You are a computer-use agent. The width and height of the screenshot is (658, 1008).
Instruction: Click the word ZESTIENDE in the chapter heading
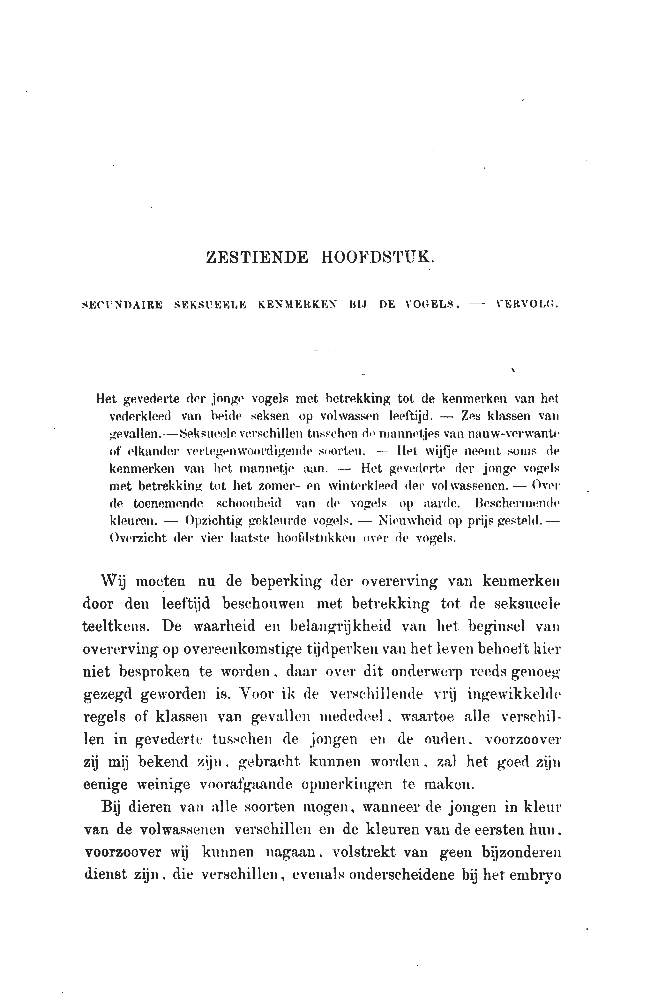coord(257,258)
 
